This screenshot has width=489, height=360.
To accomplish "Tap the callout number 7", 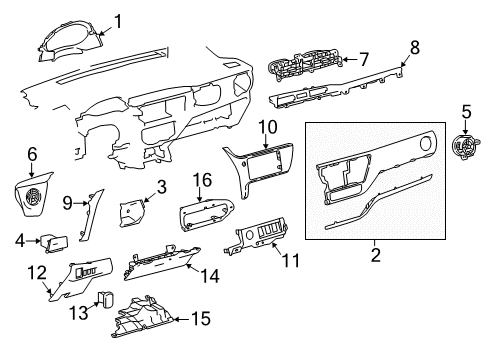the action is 364,59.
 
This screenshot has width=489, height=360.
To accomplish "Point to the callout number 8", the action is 414,48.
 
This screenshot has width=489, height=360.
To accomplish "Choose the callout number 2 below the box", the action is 375,255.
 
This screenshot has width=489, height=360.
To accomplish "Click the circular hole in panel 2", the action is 425,143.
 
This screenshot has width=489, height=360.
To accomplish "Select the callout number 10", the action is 268,127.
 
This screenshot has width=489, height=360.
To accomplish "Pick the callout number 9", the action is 68,202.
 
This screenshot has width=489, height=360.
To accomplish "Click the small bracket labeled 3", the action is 132,212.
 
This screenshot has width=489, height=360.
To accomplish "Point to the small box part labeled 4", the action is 54,243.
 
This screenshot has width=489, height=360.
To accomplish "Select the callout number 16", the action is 202,180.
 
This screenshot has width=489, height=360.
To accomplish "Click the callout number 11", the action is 291,261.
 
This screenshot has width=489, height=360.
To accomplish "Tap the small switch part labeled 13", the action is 105,298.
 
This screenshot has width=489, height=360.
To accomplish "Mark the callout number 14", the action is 210,276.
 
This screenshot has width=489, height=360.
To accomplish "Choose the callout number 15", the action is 201,319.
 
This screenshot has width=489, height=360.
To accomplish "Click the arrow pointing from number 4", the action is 33,240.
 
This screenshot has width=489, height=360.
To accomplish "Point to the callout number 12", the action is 37,272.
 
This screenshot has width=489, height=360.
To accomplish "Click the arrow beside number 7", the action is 350,59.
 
